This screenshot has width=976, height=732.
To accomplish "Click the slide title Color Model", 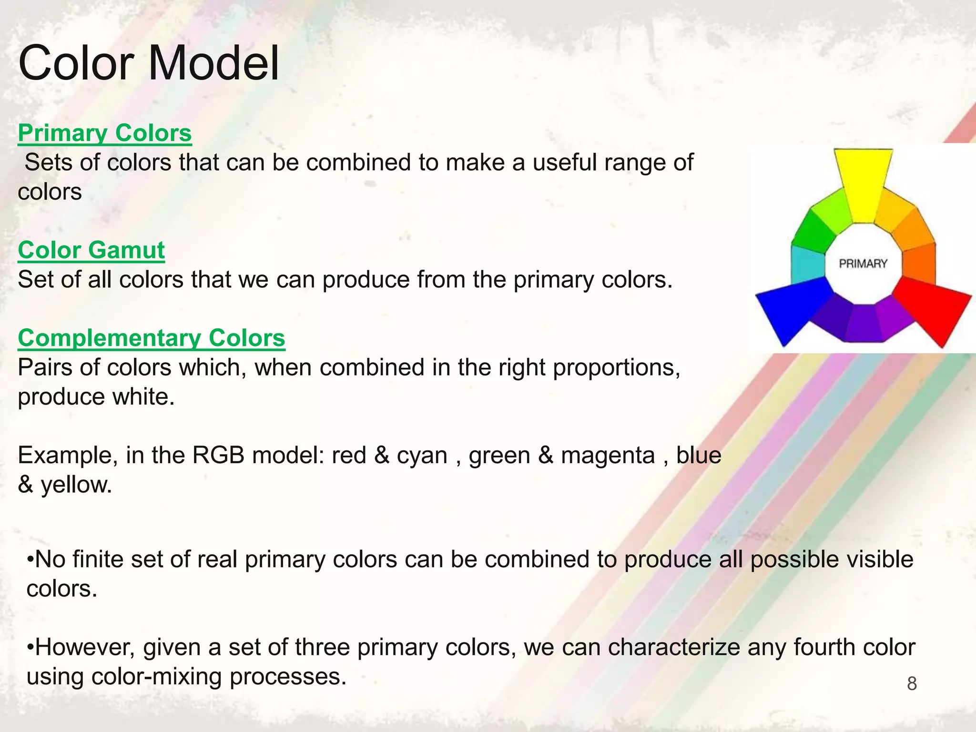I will pos(148,63).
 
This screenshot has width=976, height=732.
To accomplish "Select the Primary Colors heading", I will pos(105,133).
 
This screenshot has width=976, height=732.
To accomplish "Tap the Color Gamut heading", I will pos(91,250).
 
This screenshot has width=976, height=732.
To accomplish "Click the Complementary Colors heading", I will pos(152,338).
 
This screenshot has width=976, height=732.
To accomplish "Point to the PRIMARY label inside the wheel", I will pos(863,264).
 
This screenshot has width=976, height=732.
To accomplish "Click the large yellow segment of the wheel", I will pos(863,183).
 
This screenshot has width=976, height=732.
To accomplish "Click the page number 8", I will pos(912,684).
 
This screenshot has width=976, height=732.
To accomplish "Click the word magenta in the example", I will pos(608,455).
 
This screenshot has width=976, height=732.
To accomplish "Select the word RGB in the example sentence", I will pos(218,455).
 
